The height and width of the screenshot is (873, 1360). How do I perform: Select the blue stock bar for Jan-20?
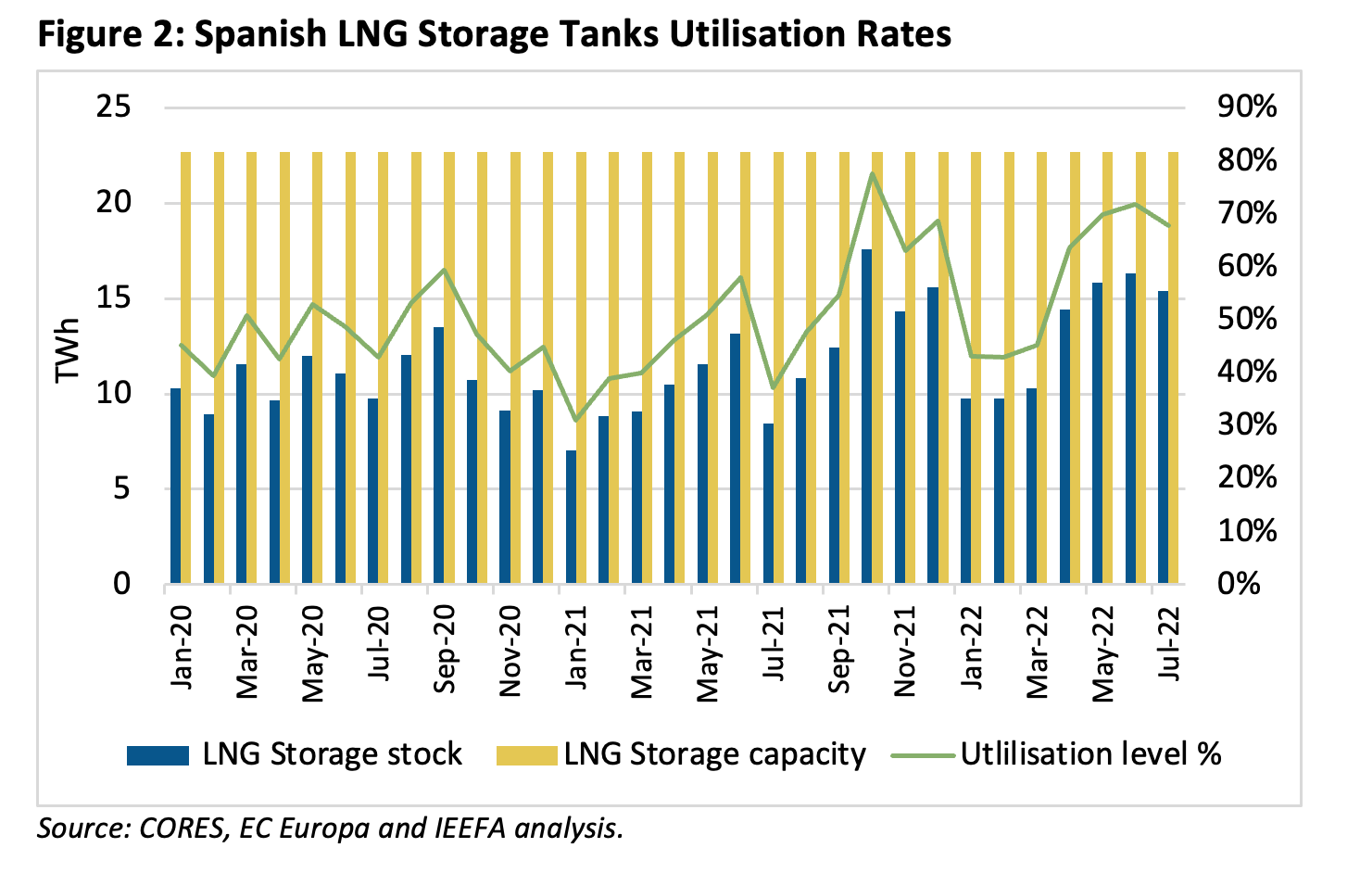(176, 487)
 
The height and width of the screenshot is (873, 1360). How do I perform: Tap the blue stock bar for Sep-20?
(439, 455)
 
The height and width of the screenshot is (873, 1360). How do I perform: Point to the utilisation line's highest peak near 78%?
(872, 173)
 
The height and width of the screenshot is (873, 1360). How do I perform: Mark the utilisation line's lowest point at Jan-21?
(575, 421)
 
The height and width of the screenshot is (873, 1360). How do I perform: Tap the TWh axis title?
(68, 349)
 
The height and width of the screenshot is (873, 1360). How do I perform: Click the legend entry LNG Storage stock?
(332, 754)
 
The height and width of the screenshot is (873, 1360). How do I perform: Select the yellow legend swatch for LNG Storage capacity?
(526, 755)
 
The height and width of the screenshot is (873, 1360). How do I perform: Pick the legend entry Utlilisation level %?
(1090, 754)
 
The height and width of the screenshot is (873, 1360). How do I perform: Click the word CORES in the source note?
(181, 828)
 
